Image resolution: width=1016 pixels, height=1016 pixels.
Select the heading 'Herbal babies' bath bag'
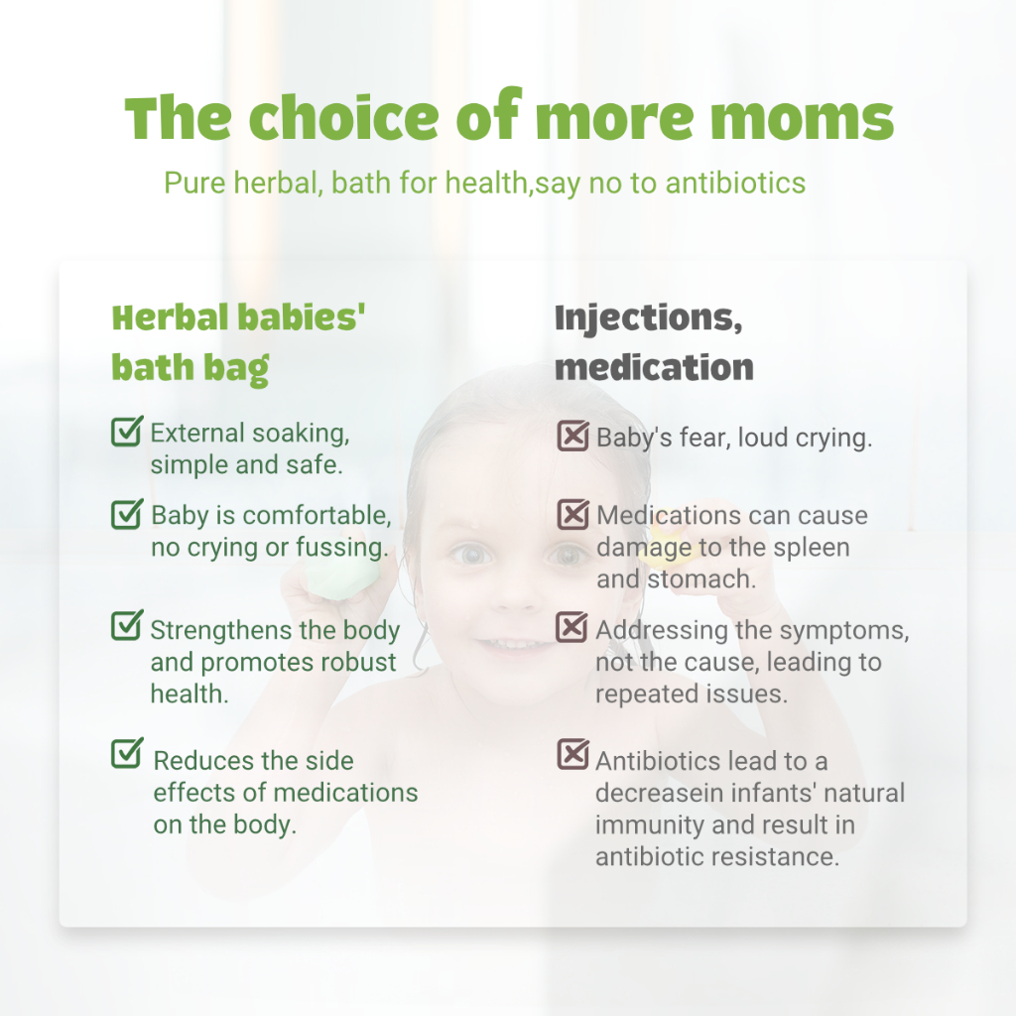coord(238,342)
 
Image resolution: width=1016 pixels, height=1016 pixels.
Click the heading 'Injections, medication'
coord(654,342)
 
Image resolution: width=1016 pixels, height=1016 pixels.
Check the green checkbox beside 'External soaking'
coord(126,432)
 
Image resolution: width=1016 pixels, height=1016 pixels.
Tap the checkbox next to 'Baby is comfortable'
coord(126,513)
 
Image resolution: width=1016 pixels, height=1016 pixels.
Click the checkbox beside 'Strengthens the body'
coord(126,626)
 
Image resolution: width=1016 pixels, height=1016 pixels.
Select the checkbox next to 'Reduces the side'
coord(126,753)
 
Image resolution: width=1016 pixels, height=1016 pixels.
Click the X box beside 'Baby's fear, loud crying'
coord(572,436)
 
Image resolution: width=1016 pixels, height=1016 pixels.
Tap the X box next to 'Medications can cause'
coord(572,513)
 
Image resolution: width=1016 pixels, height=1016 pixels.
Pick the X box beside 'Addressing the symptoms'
coord(572,627)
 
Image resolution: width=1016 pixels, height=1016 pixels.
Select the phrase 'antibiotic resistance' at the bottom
coord(716,856)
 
